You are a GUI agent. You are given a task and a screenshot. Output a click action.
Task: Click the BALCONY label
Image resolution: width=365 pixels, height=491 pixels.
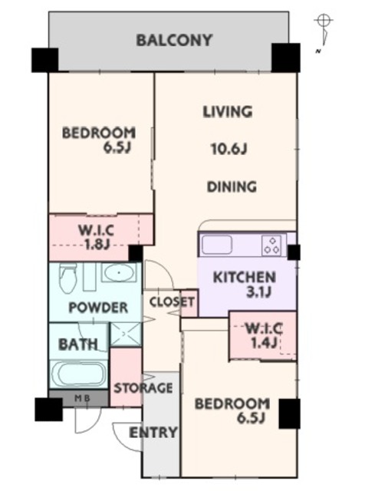(174, 41)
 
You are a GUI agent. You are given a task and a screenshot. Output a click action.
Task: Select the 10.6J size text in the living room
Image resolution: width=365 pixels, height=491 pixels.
(229, 149)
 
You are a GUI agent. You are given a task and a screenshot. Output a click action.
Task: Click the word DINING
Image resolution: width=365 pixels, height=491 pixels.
(232, 186)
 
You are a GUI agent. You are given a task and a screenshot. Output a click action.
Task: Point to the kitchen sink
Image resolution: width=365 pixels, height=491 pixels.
(216, 245)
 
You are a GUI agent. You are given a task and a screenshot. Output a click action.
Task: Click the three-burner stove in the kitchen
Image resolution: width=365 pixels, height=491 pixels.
(271, 245)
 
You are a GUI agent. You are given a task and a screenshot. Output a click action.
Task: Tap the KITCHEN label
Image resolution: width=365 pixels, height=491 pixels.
(245, 278)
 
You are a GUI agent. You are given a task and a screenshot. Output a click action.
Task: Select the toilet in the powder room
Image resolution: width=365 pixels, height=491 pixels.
(68, 277)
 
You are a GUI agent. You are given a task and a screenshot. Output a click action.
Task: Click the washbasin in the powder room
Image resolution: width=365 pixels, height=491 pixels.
(119, 272)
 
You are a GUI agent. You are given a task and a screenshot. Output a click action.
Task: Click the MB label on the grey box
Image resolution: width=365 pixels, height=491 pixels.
(82, 398)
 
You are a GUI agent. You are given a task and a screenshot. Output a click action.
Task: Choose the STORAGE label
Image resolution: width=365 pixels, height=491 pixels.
(143, 388)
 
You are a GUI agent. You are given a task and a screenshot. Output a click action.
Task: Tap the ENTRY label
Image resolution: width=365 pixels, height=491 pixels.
(153, 433)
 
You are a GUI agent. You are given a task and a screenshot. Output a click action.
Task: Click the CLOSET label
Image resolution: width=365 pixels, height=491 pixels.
(172, 302)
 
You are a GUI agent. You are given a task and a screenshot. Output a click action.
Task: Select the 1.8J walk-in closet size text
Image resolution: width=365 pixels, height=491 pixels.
(96, 244)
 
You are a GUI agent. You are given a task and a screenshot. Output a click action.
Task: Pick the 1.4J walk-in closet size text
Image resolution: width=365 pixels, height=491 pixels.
(264, 343)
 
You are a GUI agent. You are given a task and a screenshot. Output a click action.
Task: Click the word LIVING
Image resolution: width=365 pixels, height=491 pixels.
(228, 112)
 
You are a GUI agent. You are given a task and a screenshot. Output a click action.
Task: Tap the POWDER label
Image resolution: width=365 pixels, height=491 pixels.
(98, 308)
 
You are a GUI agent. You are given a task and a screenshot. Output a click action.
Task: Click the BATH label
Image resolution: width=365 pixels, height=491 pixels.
(78, 344)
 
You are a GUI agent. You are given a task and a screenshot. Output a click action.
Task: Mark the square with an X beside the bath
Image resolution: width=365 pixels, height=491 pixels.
(126, 334)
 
